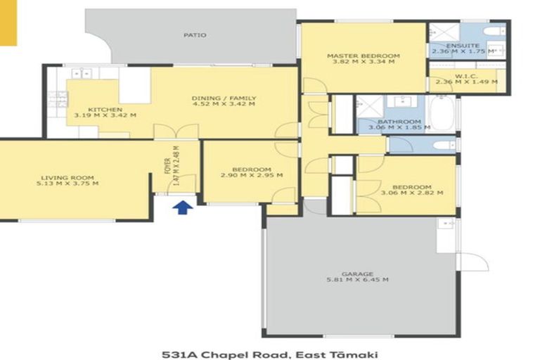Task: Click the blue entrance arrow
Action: [x=183, y=207]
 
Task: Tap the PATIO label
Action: [x=195, y=35]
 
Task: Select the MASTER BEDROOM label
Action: [x=364, y=56]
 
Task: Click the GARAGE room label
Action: [x=357, y=274]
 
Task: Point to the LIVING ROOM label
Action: [x=67, y=178]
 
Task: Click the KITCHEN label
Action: [x=105, y=110]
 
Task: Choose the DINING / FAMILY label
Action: [x=224, y=98]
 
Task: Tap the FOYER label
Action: [x=168, y=166]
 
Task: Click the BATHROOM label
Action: [x=399, y=122]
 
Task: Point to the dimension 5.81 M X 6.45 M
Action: [x=357, y=280]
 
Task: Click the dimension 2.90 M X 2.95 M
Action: [x=252, y=175]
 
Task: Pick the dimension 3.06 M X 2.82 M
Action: [x=412, y=193]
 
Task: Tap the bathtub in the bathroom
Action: [x=442, y=112]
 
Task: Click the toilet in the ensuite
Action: [x=494, y=32]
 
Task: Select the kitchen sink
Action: [x=82, y=73]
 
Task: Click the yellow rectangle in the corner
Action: [x=8, y=22]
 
